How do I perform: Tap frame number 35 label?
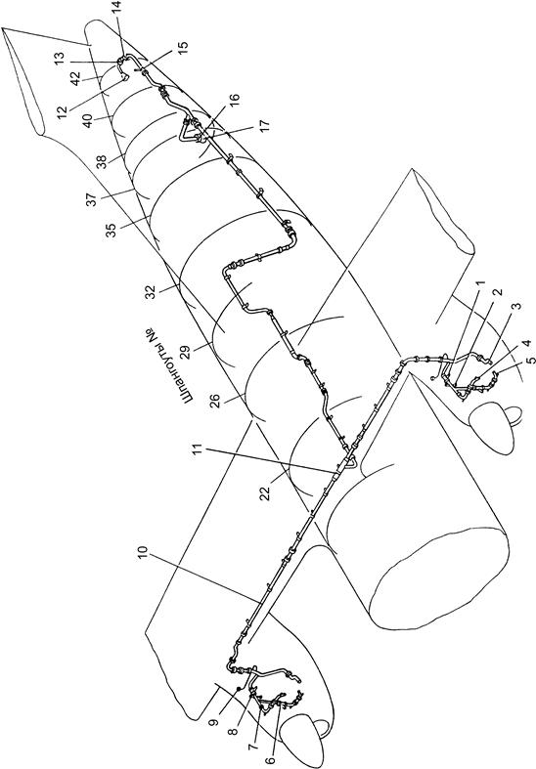pos(112,231)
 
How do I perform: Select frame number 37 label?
pos(92,197)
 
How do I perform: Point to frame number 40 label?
pos(88,120)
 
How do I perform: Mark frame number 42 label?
pos(76,78)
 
